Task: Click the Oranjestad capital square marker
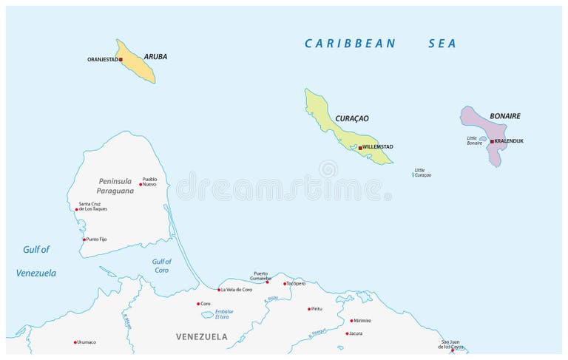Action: tap(121, 59)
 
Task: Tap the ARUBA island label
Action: tap(155, 56)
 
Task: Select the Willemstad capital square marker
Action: tap(360, 148)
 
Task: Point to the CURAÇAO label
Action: tap(352, 118)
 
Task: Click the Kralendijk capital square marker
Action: tap(491, 141)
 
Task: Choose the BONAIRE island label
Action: tap(505, 116)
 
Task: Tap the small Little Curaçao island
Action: tap(413, 175)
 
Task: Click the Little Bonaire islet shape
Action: tap(483, 138)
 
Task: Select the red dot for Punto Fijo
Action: tap(84, 240)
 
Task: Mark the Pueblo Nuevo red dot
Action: tap(141, 184)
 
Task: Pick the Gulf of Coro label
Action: tap(161, 265)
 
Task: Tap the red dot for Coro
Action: tap(198, 303)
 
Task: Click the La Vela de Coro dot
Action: tap(219, 290)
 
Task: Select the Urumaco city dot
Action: tap(75, 342)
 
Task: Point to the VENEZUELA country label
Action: tap(202, 337)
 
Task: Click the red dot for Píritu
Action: tap(309, 309)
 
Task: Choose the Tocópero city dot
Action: tap(285, 283)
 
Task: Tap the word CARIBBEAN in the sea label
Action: tap(351, 44)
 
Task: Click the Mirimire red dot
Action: tap(351, 321)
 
